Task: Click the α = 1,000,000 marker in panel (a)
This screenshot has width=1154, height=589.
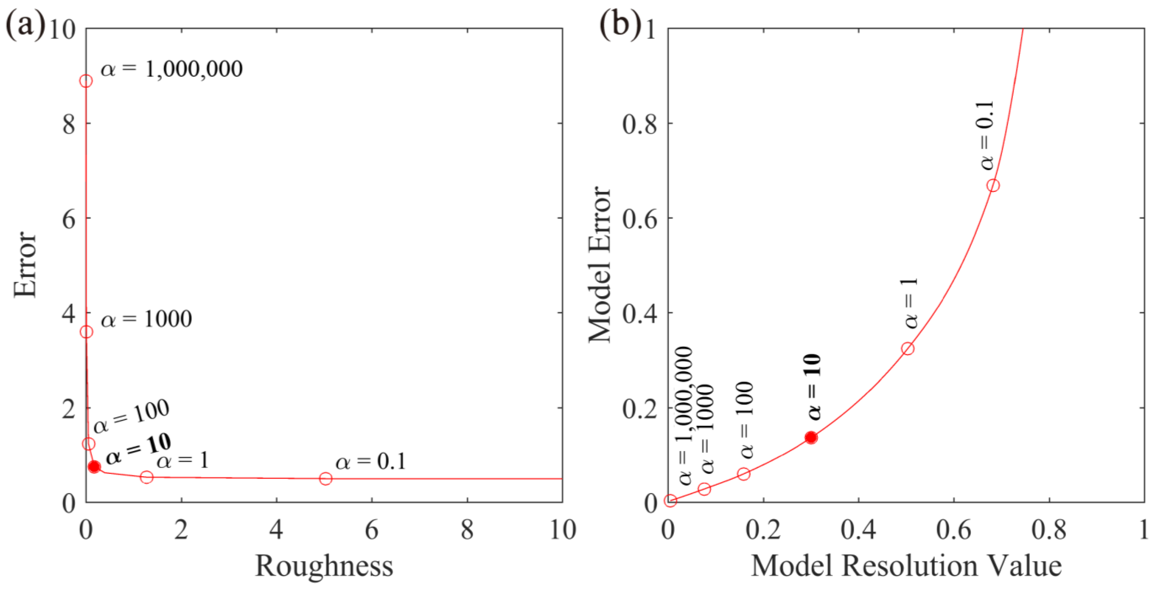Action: tap(86, 81)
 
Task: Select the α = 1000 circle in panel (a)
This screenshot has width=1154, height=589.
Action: tap(87, 332)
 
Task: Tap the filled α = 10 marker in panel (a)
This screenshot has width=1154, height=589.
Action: tap(94, 467)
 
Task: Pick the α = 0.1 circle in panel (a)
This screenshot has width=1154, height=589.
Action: tap(326, 478)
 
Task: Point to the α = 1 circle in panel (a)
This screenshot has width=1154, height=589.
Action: tap(147, 477)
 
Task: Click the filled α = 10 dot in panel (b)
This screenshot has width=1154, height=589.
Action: tap(811, 437)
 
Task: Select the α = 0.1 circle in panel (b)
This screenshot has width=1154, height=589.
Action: tap(993, 185)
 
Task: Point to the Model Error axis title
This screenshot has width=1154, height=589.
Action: tap(599, 264)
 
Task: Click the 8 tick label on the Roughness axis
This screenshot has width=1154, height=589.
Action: tap(467, 530)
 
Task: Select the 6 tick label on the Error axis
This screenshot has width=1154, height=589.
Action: tap(69, 218)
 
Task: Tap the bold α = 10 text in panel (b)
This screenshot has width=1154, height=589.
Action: tap(814, 387)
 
